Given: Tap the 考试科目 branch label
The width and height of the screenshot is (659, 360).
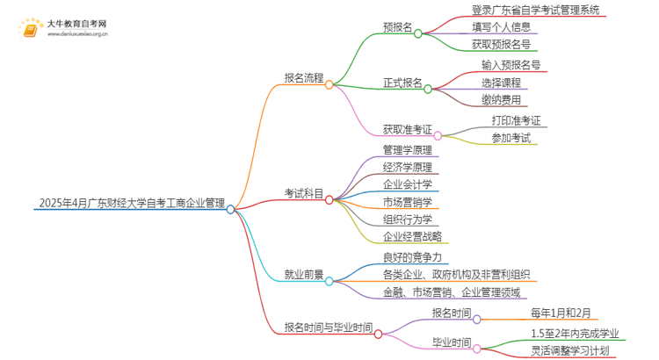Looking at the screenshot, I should (x=304, y=193).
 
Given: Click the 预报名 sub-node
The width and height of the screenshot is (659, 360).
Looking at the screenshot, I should (x=398, y=27).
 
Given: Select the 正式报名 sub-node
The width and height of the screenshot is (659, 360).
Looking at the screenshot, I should (x=403, y=83).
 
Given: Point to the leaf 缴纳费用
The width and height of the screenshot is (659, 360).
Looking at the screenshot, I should (x=500, y=100).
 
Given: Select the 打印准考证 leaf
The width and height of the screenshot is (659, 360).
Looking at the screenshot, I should (x=516, y=120).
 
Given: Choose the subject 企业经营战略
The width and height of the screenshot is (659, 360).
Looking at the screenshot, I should (x=413, y=237).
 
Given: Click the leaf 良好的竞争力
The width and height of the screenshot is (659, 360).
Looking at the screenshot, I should (x=412, y=257).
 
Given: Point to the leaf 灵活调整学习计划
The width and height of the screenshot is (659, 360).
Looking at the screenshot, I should (x=582, y=350).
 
